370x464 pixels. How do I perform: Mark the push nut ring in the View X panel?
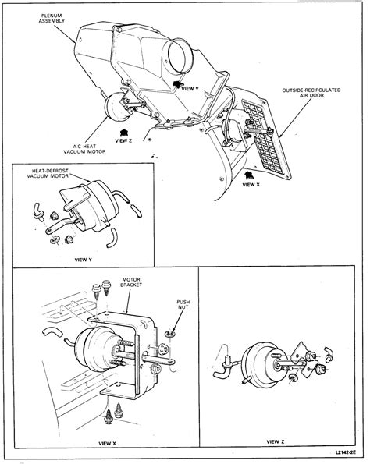point(171,333)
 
